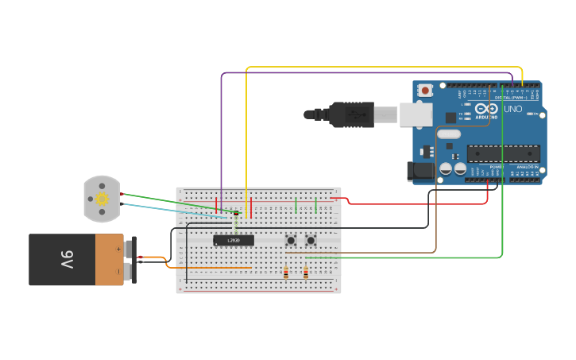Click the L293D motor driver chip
[x=234, y=240]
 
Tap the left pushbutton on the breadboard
[x=291, y=240]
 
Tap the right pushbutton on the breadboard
[x=311, y=240]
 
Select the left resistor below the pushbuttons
[x=286, y=273]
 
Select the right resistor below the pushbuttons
[x=306, y=273]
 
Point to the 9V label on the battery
[x=67, y=259]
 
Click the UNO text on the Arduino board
[x=513, y=109]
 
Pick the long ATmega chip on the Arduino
[x=503, y=153]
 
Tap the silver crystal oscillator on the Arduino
[x=449, y=134]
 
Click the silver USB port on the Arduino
[x=416, y=114]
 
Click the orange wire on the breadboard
[x=215, y=268]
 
